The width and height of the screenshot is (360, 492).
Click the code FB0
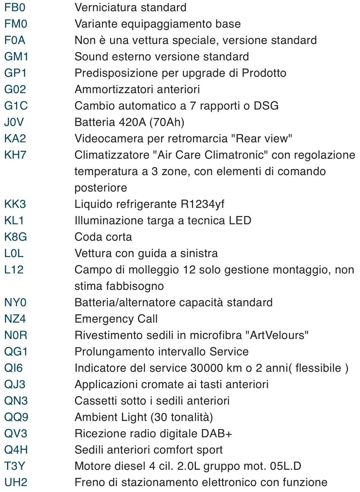point(15,7)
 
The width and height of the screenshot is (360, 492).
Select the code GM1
point(16,57)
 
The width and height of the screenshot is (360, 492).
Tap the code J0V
point(14,122)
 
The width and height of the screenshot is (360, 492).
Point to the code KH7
point(15,155)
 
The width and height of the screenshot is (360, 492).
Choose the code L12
point(14,270)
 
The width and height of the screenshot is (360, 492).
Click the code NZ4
point(15,319)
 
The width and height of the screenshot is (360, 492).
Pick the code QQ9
point(16,417)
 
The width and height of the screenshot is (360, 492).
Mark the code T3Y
point(14,466)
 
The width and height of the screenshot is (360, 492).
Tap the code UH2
point(16,482)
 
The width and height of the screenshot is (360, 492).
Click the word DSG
point(266,106)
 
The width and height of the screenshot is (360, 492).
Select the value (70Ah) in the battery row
point(167,122)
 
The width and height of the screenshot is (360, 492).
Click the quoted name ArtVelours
point(277,335)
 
